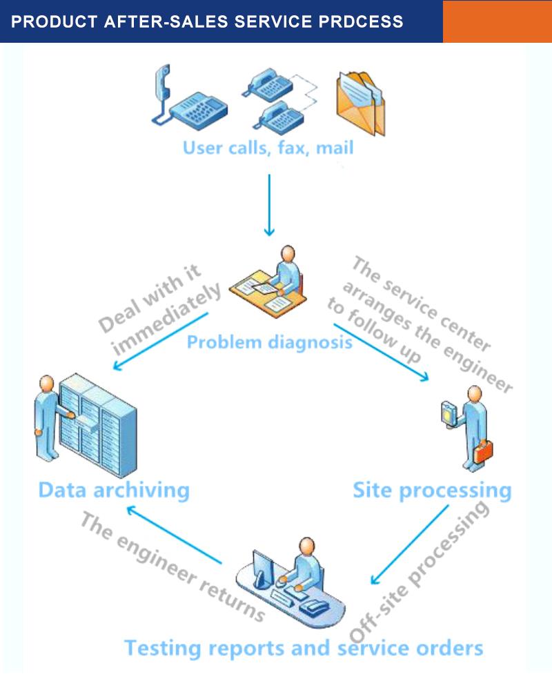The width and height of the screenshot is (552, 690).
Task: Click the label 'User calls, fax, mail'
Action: click(x=268, y=147)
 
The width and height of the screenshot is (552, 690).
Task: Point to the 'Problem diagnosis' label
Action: click(x=270, y=342)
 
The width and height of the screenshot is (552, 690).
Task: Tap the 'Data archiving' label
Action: click(x=114, y=490)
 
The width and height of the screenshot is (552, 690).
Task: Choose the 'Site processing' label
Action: click(x=432, y=490)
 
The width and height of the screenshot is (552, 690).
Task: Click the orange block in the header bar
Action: click(x=497, y=21)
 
